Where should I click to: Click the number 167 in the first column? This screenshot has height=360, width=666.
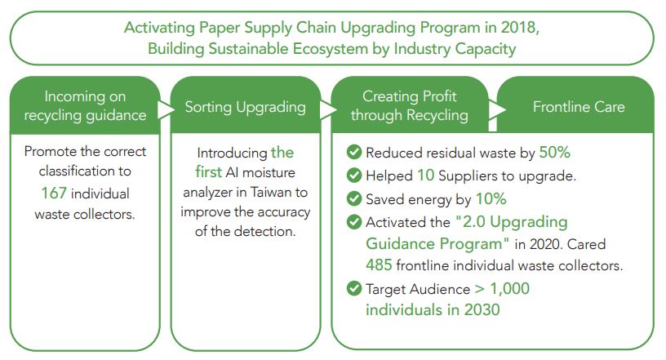point(54,193)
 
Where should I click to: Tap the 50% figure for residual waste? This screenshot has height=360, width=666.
point(555,153)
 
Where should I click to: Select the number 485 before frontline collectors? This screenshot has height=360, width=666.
point(379,265)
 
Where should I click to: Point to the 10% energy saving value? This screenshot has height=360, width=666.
point(491,199)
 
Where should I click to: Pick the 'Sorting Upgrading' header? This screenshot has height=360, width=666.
point(246,107)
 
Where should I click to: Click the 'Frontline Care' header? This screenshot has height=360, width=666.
point(579,107)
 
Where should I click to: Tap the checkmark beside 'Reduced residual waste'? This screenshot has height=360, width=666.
point(354,152)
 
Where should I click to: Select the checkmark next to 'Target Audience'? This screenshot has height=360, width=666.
point(354,288)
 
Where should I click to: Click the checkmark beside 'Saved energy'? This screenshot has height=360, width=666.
point(354,198)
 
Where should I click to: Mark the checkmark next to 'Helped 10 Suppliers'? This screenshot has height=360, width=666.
point(354,176)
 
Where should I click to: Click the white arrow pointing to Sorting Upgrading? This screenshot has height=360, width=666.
point(166,109)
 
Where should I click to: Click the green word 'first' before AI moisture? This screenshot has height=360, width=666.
point(209,172)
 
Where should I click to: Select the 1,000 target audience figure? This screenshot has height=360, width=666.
point(509,289)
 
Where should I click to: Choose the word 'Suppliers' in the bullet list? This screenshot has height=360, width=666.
point(467,176)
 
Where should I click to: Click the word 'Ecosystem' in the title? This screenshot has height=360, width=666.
point(330,49)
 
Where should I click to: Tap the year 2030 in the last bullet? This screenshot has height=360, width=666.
point(482,309)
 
